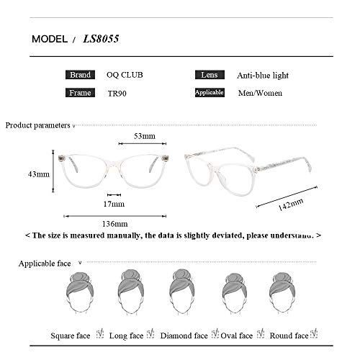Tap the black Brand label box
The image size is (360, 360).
click(80, 75)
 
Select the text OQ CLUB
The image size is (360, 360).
click(124, 75)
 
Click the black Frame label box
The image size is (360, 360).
click(80, 93)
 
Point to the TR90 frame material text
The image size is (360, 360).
click(116, 93)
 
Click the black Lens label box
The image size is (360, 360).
click(209, 75)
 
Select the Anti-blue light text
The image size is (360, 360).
click(262, 75)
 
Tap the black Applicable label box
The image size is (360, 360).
click(210, 93)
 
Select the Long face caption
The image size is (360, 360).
click(127, 335)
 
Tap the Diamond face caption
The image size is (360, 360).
click(184, 335)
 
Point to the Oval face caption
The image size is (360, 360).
click(237, 335)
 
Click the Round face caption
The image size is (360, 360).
click(288, 335)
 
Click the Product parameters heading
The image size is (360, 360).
click(37, 125)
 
